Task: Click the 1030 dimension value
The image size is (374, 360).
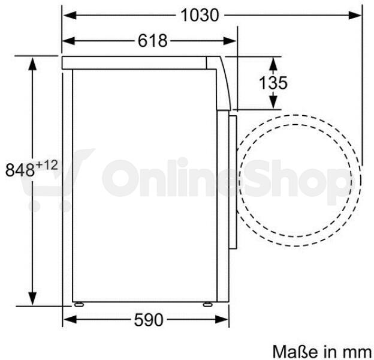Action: (200, 15)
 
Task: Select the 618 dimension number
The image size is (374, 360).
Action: (153, 41)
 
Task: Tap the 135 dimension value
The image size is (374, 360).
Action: (273, 83)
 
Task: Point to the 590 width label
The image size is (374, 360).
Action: (149, 320)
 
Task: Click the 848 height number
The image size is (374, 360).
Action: (20, 170)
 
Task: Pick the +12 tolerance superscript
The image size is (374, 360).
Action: (47, 165)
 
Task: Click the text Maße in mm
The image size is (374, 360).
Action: (322, 351)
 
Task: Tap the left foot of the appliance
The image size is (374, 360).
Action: (79, 304)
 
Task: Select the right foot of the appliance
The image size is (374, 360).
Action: (207, 304)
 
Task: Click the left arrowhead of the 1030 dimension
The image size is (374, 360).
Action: (70, 15)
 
